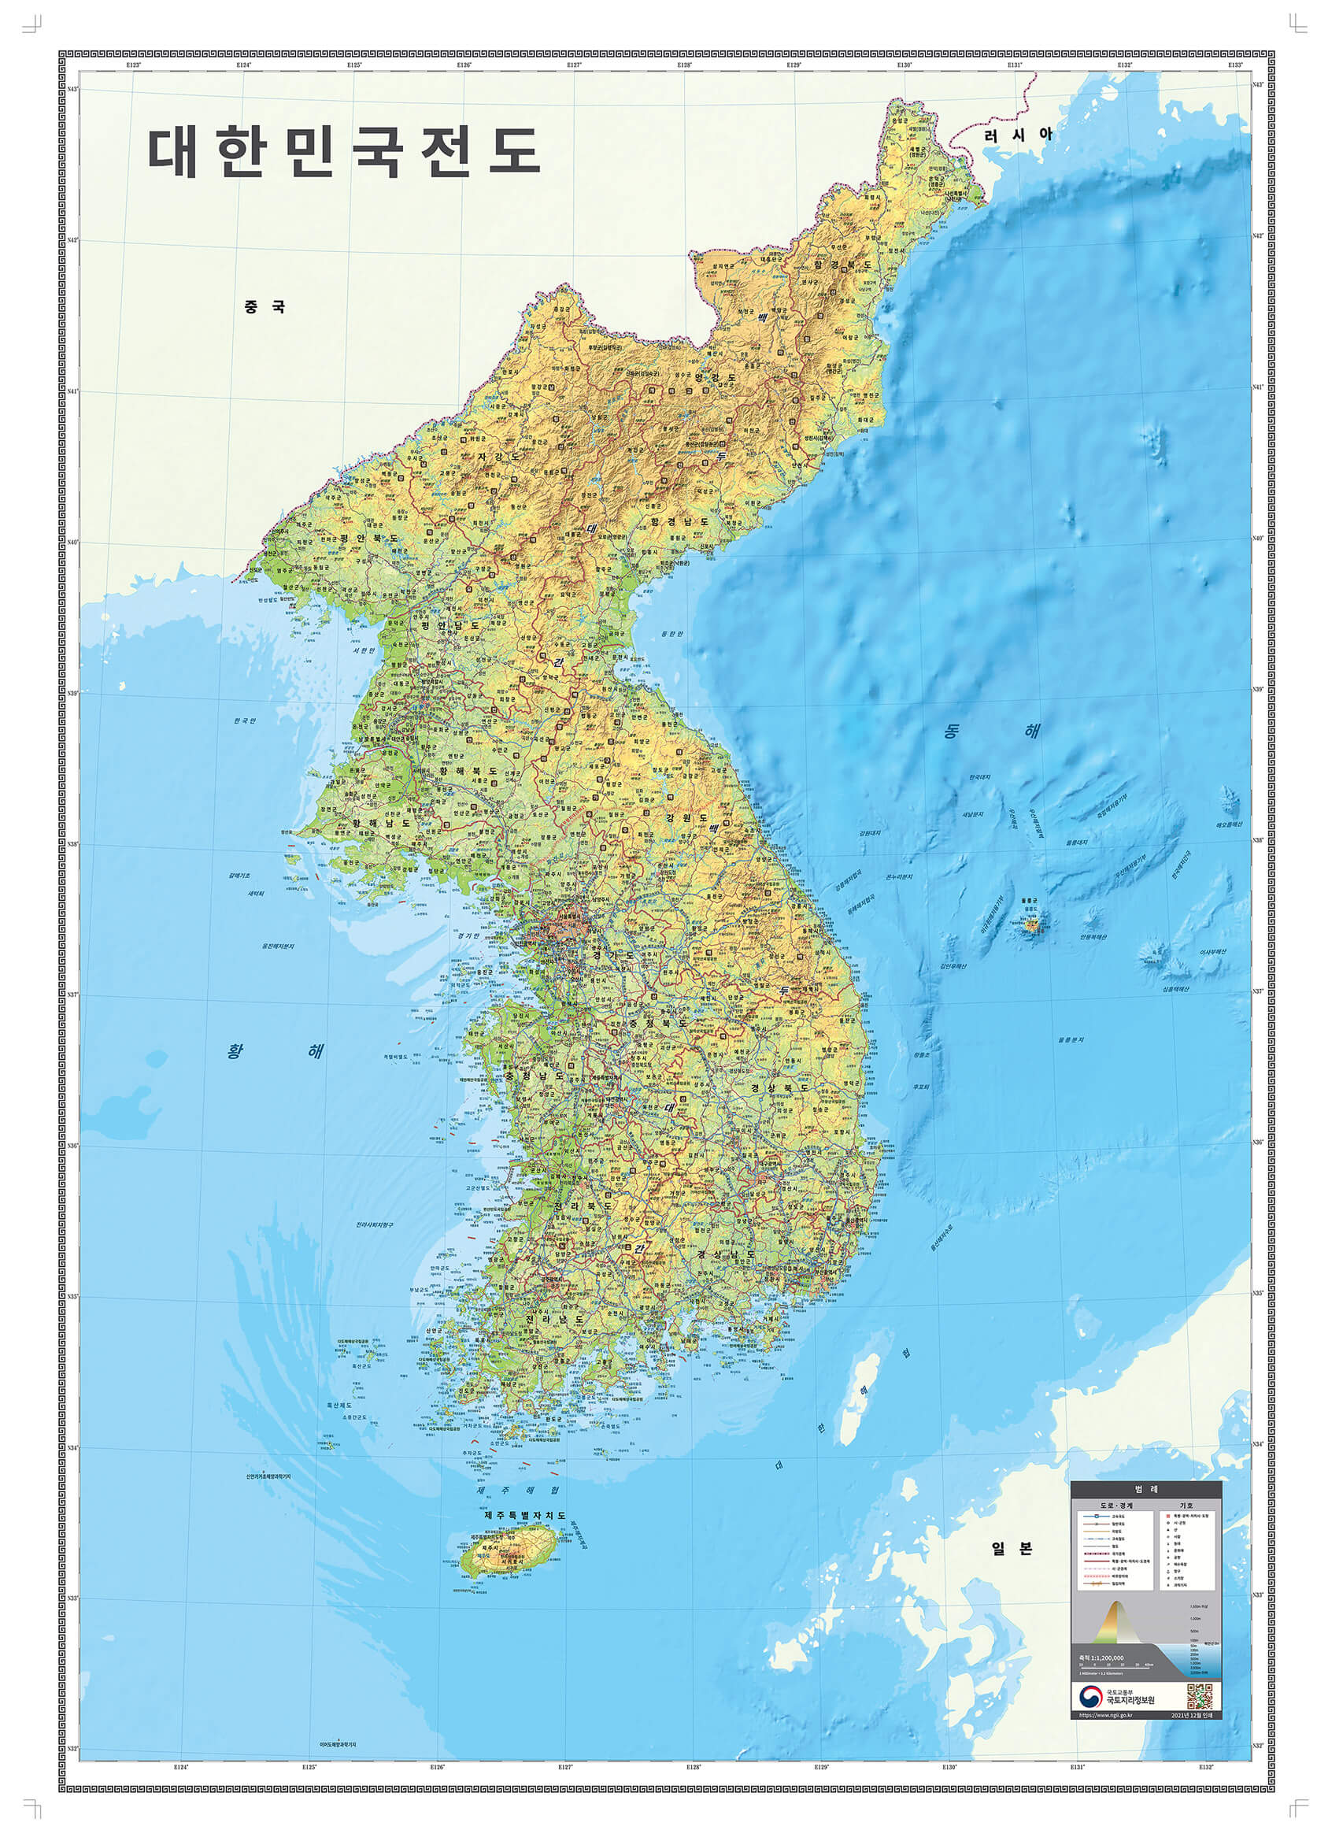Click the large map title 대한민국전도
344,152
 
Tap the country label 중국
265,306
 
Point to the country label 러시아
1019,135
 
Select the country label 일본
1012,1548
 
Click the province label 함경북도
842,265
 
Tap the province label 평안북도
369,538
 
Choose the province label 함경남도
679,521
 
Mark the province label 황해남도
381,822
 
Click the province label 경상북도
779,1087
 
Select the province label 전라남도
555,1320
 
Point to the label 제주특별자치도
525,1515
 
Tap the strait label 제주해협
517,1490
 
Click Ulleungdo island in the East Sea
1031,923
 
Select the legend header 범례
1145,1489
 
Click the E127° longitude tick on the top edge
574,64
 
